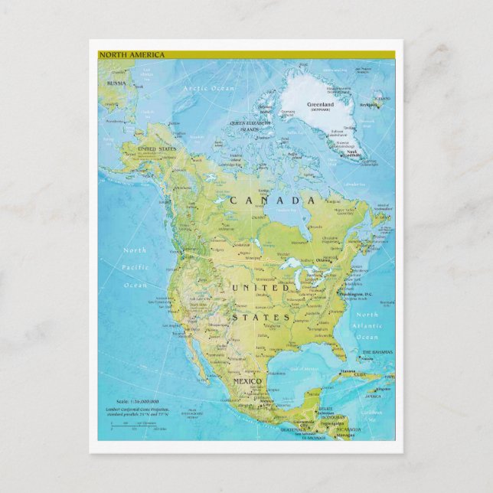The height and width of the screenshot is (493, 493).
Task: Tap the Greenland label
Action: pos(321,103)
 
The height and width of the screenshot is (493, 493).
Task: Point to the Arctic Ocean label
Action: pos(208,89)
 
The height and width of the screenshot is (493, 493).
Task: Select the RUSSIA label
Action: pos(116,83)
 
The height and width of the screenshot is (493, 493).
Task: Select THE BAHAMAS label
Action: pos(377,352)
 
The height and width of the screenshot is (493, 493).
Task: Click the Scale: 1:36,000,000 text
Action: pos(132,401)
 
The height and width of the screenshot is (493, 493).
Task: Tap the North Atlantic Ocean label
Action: pos(367,325)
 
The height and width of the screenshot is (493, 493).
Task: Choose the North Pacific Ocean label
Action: pos(135,267)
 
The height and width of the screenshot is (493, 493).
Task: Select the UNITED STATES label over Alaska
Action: pos(156,149)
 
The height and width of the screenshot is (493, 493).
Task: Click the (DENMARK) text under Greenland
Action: pos(320,110)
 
